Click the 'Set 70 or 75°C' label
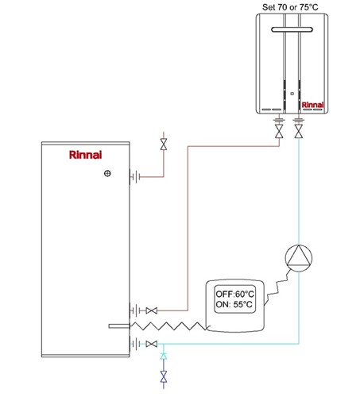pyautogui.click(x=290, y=7)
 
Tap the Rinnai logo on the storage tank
pyautogui.click(x=85, y=155)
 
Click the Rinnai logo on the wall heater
pyautogui.click(x=312, y=105)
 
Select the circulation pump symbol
pyautogui.click(x=299, y=258)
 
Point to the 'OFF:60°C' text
pyautogui.click(x=234, y=294)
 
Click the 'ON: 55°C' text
pyautogui.click(x=234, y=304)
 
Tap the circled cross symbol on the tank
pyautogui.click(x=107, y=174)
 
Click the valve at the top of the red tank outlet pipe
pyautogui.click(x=164, y=145)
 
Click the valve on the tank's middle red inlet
pyautogui.click(x=152, y=310)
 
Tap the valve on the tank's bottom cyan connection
pyautogui.click(x=152, y=344)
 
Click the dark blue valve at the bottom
pyautogui.click(x=164, y=376)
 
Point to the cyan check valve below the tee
pyautogui.click(x=164, y=357)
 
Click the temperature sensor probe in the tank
pyautogui.click(x=119, y=326)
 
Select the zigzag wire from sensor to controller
pyautogui.click(x=168, y=326)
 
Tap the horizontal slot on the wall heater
pyautogui.click(x=292, y=29)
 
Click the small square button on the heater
pyautogui.click(x=292, y=94)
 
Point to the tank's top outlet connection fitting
pyautogui.click(x=135, y=176)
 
